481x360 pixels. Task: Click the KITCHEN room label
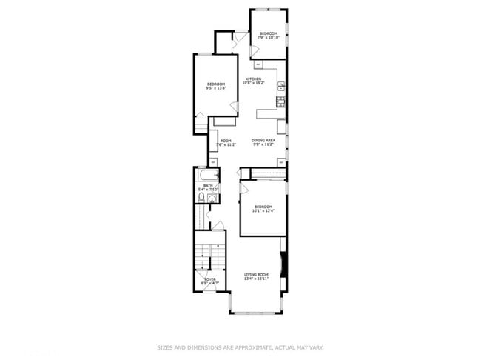click(x=254, y=79)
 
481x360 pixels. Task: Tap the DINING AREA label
click(x=263, y=141)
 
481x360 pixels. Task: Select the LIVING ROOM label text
click(x=257, y=275)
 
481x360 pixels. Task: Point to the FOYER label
click(x=210, y=279)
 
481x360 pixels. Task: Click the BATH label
click(x=208, y=185)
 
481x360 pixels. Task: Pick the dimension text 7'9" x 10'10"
click(x=268, y=37)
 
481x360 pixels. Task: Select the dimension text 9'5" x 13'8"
click(x=215, y=88)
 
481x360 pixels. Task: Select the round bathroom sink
click(x=212, y=199)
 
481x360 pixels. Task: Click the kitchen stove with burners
click(x=281, y=100)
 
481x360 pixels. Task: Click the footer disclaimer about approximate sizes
click(x=240, y=346)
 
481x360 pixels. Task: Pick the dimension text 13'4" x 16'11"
click(x=257, y=279)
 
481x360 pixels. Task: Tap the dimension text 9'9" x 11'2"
click(x=263, y=145)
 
